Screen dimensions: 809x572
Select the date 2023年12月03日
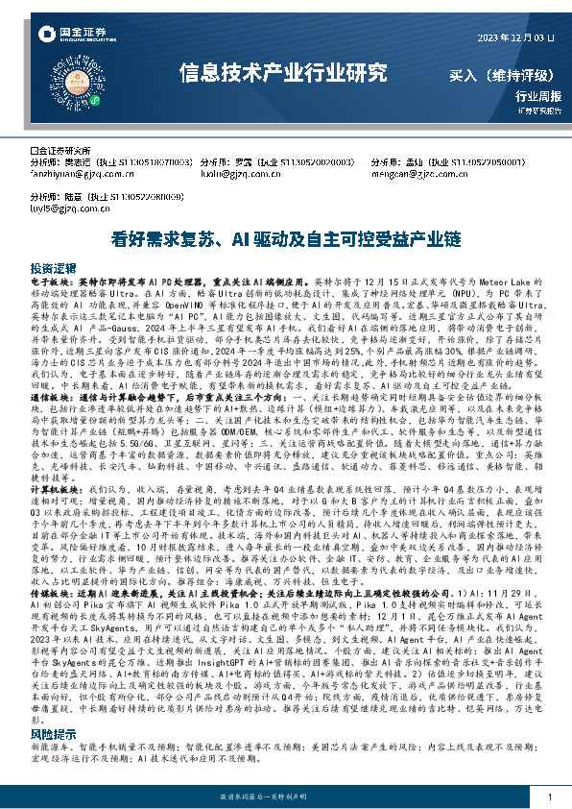click(515, 37)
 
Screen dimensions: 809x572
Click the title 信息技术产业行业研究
click(284, 72)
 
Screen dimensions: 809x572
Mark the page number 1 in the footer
click(549, 797)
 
